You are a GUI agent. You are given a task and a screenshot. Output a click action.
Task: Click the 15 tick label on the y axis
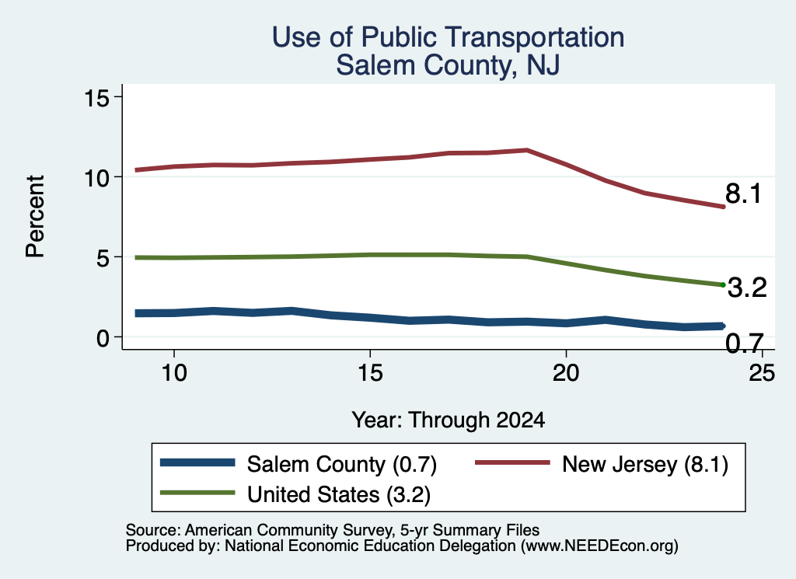click(x=97, y=97)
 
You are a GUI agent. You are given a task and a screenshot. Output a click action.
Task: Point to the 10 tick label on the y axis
click(x=97, y=178)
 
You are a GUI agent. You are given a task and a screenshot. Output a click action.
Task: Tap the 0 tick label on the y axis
click(x=103, y=338)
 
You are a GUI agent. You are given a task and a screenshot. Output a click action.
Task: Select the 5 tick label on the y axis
click(x=103, y=258)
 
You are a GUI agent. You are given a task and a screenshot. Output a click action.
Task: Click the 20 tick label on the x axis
click(x=566, y=373)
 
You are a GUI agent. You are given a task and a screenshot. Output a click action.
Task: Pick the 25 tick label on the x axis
click(x=762, y=373)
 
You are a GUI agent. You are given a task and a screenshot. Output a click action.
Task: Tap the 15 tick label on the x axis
click(x=370, y=373)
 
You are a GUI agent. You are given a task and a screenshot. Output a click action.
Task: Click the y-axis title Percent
click(x=36, y=216)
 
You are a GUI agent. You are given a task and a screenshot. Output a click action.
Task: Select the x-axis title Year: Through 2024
click(x=449, y=420)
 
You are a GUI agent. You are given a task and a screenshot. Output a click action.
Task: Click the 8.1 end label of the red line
click(x=743, y=194)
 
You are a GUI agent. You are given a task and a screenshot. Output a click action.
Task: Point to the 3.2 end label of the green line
click(x=747, y=288)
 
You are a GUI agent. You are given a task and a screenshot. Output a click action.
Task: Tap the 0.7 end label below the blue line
click(x=744, y=344)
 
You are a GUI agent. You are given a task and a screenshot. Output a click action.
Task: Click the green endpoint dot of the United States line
click(x=723, y=284)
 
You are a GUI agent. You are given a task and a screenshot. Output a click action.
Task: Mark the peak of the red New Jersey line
click(x=528, y=150)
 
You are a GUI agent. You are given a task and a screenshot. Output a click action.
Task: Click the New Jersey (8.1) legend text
click(x=645, y=464)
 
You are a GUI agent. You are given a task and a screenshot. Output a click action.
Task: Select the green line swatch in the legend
click(x=197, y=493)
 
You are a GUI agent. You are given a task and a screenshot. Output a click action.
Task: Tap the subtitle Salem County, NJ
click(x=448, y=65)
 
